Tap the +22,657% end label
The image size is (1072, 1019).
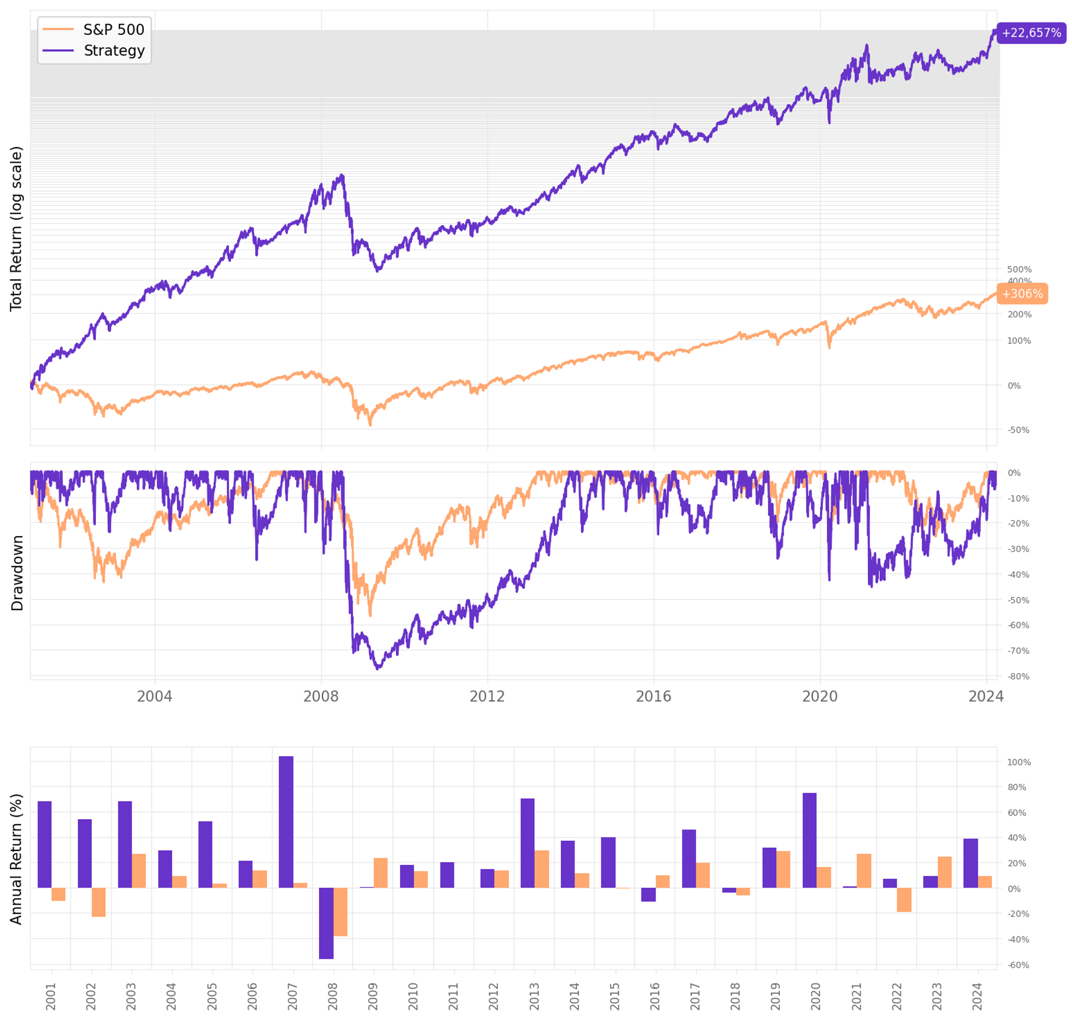click(1031, 33)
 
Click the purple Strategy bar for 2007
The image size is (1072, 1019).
click(286, 822)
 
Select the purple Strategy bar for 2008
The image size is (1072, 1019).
click(326, 923)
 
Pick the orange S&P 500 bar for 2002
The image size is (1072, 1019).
click(99, 902)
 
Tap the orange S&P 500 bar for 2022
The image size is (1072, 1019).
click(904, 900)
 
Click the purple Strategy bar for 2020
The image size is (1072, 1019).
click(809, 840)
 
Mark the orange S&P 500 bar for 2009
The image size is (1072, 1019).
click(381, 873)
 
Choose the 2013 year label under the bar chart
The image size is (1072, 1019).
click(534, 996)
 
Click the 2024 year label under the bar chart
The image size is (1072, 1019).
click(978, 996)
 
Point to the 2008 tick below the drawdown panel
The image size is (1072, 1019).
click(321, 696)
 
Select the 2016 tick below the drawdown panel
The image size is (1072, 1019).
click(653, 696)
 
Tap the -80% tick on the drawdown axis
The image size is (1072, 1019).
click(1018, 676)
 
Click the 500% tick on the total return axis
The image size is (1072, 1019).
click(1019, 269)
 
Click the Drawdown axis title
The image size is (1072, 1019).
click(17, 573)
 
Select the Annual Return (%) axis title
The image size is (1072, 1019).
click(16, 859)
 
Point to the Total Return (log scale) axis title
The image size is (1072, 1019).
click(16, 229)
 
